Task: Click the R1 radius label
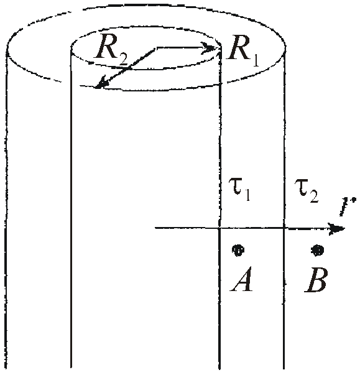pyautogui.click(x=243, y=51)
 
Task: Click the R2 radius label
pyautogui.click(x=111, y=50)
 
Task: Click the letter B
pyautogui.click(x=316, y=279)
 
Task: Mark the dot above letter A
pyautogui.click(x=238, y=250)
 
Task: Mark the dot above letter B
pyautogui.click(x=318, y=250)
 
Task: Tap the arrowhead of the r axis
pyautogui.click(x=336, y=229)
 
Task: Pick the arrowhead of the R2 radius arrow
pyautogui.click(x=101, y=83)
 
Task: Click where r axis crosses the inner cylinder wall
pyautogui.click(x=219, y=228)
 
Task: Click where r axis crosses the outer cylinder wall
pyautogui.click(x=284, y=228)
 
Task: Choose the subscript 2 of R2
pyautogui.click(x=123, y=59)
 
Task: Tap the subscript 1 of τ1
pyautogui.click(x=247, y=195)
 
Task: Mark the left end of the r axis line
pyautogui.click(x=155, y=228)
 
